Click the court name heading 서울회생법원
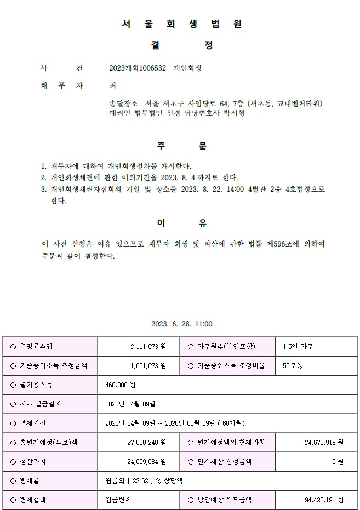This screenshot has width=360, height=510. pos(181,24)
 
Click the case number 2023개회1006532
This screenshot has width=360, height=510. pos(138,68)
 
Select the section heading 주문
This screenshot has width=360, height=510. pos(181,146)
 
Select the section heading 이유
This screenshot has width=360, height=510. pos(181,223)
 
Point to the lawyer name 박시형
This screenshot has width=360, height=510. pos(233,113)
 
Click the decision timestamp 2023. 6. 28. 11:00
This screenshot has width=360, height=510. pos(181,324)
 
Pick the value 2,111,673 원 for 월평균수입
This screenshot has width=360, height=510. pos(148,347)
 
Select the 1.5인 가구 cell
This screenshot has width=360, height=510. pos(298,347)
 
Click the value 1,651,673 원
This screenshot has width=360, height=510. pos(148,366)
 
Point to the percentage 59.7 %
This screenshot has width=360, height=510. pos(292,366)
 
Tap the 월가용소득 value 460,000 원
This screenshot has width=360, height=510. pos(120,385)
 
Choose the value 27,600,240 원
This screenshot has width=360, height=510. pos(146,443)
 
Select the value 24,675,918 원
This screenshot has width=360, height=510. pos(323,443)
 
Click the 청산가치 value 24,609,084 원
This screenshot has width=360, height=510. pos(146,462)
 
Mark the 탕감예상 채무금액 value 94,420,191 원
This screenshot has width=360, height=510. pos(323,500)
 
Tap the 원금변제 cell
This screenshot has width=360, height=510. pos(118,500)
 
